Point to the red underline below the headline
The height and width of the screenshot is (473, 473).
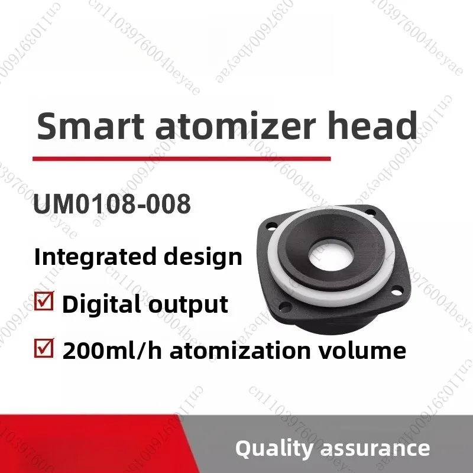(x=181, y=158)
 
